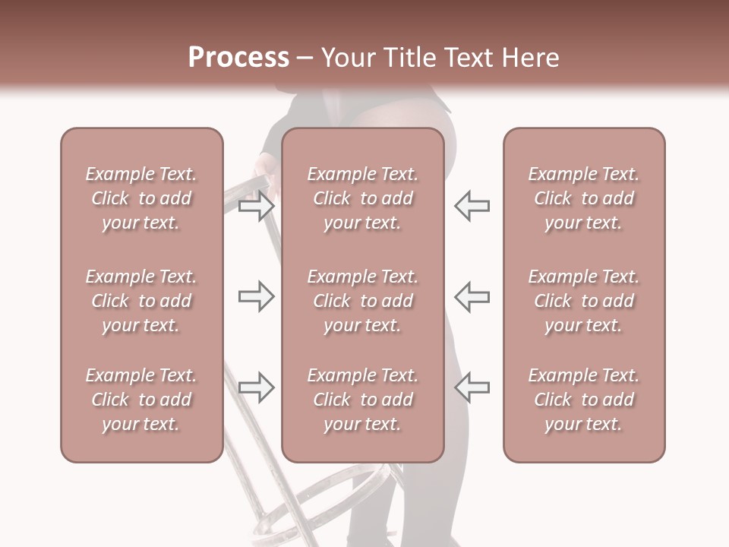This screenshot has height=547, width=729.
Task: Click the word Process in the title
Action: (x=238, y=58)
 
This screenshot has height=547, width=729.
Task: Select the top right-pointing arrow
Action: (x=257, y=206)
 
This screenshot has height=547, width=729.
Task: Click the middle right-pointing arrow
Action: (x=257, y=296)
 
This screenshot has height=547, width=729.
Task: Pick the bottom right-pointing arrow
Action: (x=257, y=387)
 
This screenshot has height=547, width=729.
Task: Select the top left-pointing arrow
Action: (x=472, y=206)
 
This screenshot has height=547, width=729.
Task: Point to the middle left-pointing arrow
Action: (x=472, y=296)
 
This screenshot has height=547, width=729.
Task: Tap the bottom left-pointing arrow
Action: (x=472, y=387)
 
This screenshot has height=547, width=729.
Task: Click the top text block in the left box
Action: (x=141, y=198)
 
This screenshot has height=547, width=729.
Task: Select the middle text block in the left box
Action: (x=141, y=301)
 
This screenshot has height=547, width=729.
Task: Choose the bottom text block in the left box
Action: (x=141, y=400)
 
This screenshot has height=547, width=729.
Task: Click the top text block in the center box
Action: (x=363, y=198)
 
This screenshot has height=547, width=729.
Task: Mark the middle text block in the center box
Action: (x=363, y=301)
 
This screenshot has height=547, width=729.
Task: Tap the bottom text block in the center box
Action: (x=363, y=400)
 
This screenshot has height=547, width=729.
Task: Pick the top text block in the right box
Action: (x=584, y=198)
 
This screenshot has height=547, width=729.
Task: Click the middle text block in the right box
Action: (x=584, y=301)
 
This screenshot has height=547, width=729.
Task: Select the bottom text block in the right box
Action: (x=584, y=400)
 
